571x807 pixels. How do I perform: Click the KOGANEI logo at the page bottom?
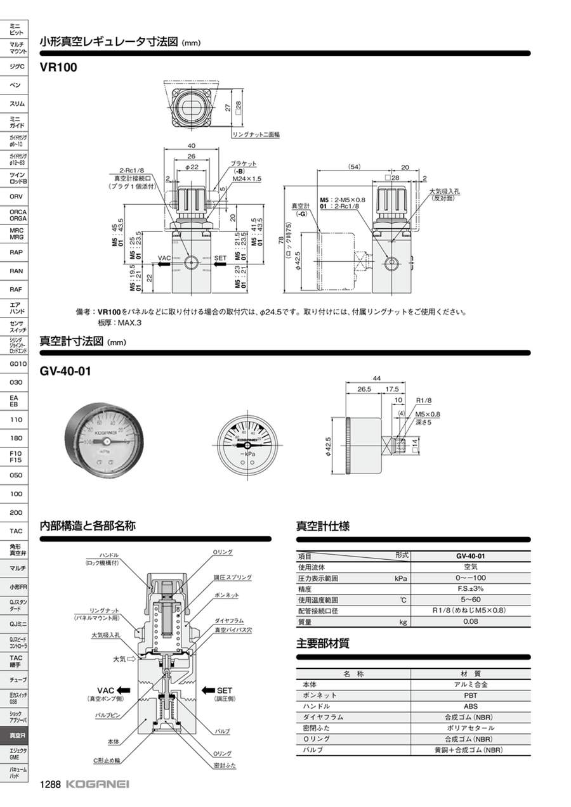97,784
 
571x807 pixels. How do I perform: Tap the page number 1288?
50,784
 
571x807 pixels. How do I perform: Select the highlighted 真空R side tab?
16,735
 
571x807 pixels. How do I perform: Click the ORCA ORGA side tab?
16,215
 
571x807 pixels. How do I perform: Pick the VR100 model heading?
58,67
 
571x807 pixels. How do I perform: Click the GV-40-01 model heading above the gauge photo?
65,371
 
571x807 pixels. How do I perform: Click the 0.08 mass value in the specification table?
470,622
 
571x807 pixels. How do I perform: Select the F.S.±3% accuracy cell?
470,589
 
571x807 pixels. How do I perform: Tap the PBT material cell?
470,695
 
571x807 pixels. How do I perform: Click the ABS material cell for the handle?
470,706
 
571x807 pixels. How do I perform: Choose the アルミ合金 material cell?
470,685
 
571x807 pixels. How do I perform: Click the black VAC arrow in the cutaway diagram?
124,690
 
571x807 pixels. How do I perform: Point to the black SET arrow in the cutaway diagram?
208,690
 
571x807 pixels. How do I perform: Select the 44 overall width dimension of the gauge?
377,378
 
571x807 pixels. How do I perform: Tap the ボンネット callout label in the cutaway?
226,595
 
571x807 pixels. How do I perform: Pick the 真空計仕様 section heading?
323,526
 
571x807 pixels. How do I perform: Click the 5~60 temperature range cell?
470,600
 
